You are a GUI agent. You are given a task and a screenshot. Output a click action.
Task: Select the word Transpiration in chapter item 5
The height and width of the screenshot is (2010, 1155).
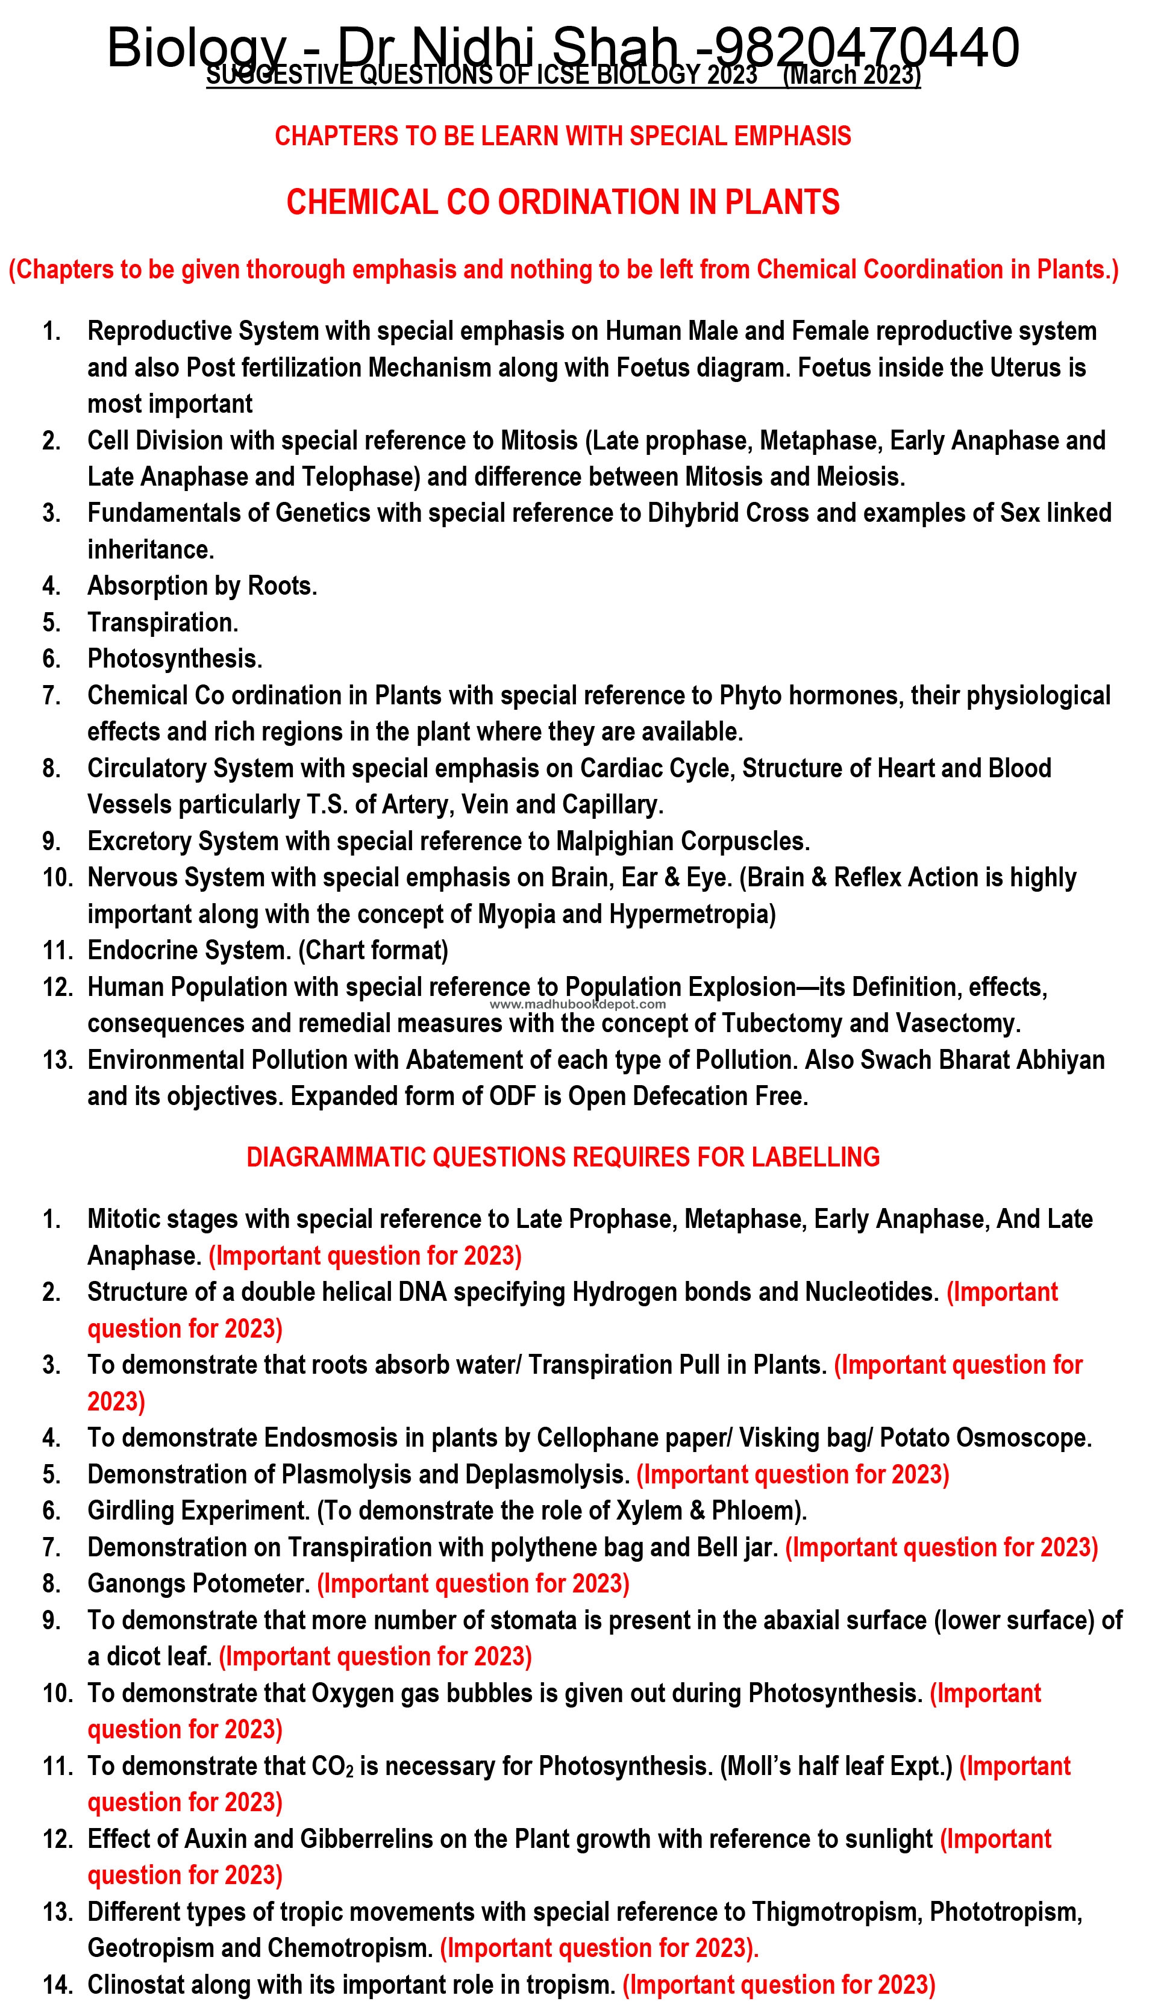click(162, 622)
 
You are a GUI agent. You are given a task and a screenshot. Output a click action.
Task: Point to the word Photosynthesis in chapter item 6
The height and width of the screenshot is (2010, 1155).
click(174, 659)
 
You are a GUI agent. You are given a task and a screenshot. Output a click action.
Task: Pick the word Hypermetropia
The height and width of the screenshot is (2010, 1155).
click(692, 914)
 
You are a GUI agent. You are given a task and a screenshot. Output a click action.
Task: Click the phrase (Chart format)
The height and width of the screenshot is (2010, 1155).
click(373, 950)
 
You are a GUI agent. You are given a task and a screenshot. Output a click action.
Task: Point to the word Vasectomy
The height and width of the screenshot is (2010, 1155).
click(957, 1023)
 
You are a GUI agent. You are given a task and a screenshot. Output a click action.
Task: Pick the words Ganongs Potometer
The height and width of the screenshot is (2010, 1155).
click(198, 1584)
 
